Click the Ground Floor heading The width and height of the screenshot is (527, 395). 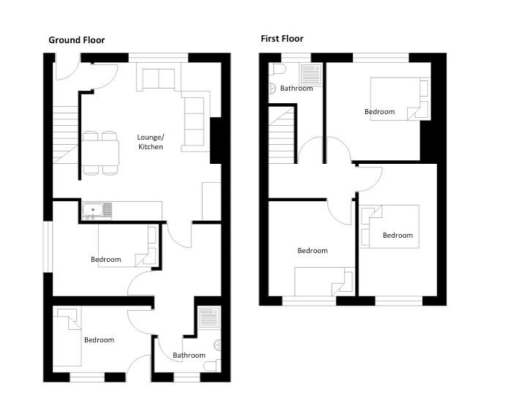[76, 40]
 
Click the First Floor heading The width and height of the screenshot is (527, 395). [282, 39]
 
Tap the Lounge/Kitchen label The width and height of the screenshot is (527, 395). [151, 142]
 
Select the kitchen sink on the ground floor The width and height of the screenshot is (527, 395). [97, 211]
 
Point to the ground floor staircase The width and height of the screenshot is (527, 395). [64, 139]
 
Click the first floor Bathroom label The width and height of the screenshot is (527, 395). [296, 89]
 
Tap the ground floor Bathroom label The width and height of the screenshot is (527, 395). [189, 355]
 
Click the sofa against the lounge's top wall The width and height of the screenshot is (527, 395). [158, 78]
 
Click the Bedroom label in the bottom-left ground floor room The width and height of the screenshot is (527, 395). [99, 339]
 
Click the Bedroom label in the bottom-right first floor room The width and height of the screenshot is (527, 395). [397, 236]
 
